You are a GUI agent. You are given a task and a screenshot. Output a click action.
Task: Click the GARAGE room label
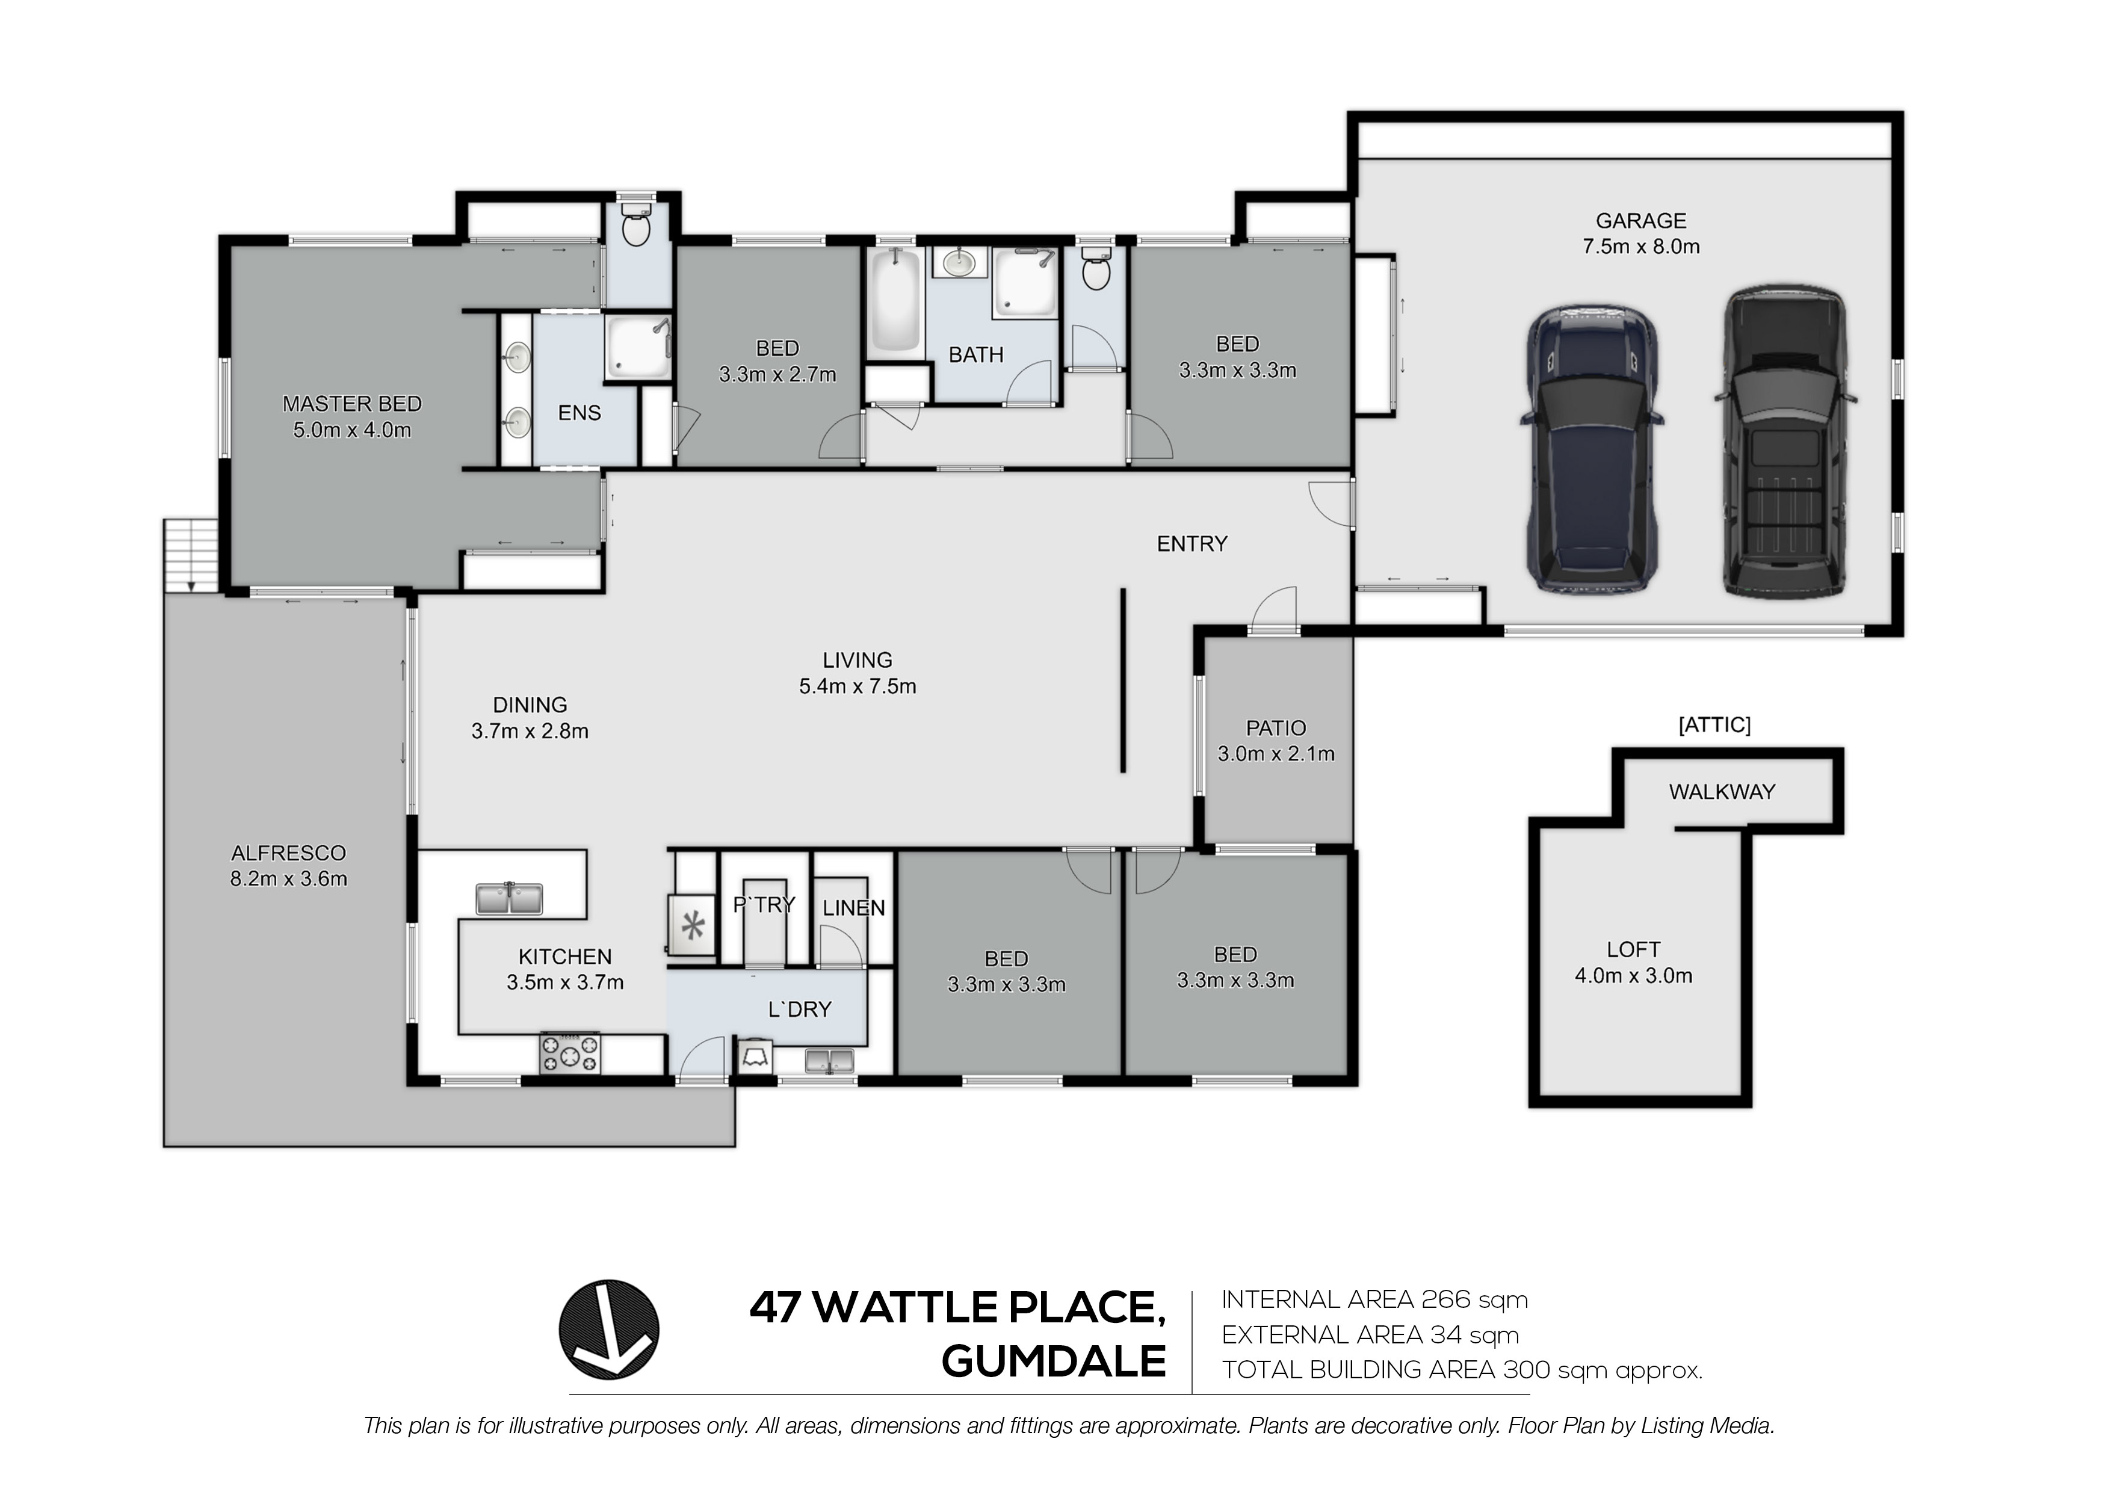pos(1640,221)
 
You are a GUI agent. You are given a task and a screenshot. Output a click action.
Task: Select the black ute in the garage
pos(1785,443)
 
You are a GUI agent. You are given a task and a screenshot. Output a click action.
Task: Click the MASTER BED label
pos(352,404)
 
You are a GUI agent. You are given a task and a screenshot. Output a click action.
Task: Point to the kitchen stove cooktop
pos(570,1053)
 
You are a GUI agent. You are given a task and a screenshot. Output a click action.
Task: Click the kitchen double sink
pos(509,898)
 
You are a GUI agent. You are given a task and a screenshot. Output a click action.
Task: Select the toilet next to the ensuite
pos(635,221)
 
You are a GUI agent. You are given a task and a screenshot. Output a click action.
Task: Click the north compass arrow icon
pos(608,1330)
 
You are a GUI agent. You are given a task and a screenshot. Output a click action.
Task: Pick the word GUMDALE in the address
pos(1054,1361)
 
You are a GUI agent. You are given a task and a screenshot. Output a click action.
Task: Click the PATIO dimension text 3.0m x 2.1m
pos(1276,754)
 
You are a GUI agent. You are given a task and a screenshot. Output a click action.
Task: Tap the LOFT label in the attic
pos(1633,949)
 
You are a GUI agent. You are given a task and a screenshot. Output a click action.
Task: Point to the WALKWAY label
pos(1722,792)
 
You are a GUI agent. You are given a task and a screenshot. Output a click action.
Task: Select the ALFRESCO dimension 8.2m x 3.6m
pos(289,879)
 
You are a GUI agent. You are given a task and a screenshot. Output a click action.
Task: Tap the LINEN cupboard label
pos(854,908)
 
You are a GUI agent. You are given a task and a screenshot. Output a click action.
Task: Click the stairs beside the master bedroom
pos(190,555)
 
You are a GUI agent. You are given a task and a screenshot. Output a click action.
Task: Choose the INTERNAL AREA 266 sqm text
pos(1374,1300)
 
